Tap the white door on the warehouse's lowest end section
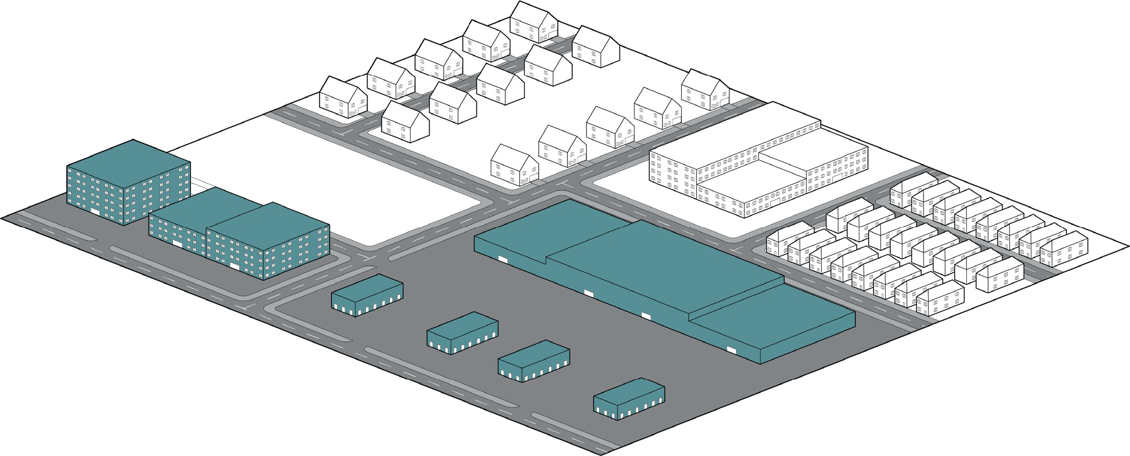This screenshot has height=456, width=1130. tap(731, 349)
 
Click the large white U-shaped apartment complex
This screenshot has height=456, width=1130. tap(755, 166)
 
